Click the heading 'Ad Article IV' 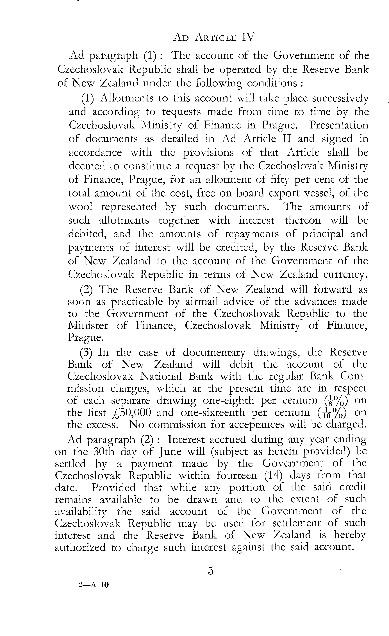tap(214, 37)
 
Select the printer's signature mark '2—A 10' tap(93, 585)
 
